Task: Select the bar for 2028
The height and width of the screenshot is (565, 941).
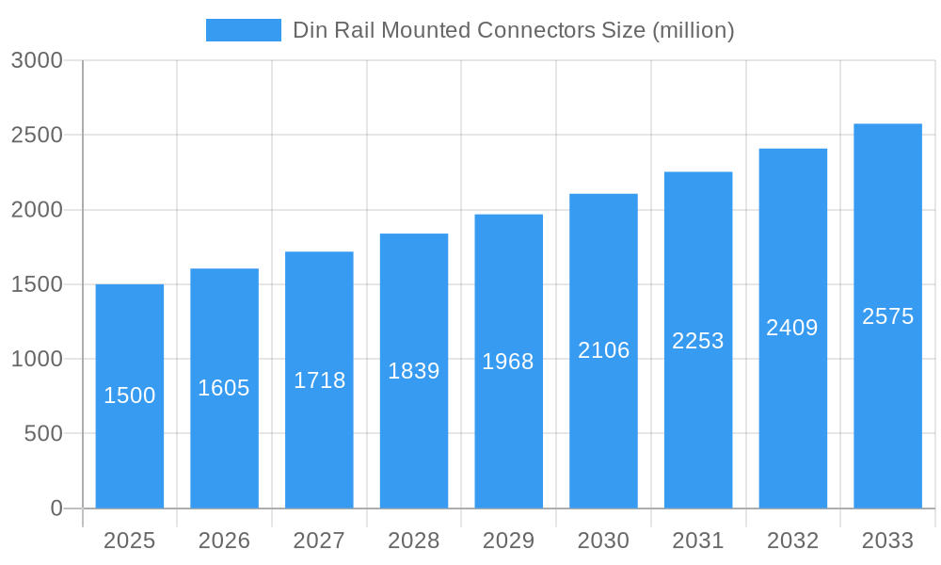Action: tap(414, 433)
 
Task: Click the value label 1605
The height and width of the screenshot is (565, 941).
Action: tap(224, 388)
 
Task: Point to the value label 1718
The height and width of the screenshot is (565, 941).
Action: tap(320, 380)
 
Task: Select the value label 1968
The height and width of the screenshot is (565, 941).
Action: tap(508, 362)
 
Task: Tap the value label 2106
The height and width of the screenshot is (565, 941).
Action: tap(603, 350)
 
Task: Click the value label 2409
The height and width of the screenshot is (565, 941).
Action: tap(792, 328)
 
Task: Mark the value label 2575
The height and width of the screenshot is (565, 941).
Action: tap(887, 316)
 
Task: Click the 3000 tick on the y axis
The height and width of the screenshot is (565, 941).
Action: tap(37, 61)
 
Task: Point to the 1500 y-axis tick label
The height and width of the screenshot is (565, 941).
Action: tap(37, 284)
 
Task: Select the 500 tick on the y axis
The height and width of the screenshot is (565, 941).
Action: tap(43, 434)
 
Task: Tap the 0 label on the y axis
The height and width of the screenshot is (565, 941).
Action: tap(56, 508)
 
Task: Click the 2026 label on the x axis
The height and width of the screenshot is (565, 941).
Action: tap(224, 541)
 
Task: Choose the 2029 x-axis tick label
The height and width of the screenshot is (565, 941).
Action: tap(508, 541)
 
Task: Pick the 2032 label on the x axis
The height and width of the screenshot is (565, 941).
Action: tap(792, 541)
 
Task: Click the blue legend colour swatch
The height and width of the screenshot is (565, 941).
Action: tap(244, 30)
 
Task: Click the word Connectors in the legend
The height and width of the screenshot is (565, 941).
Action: tap(536, 30)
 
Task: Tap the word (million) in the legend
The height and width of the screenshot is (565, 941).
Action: tap(693, 30)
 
